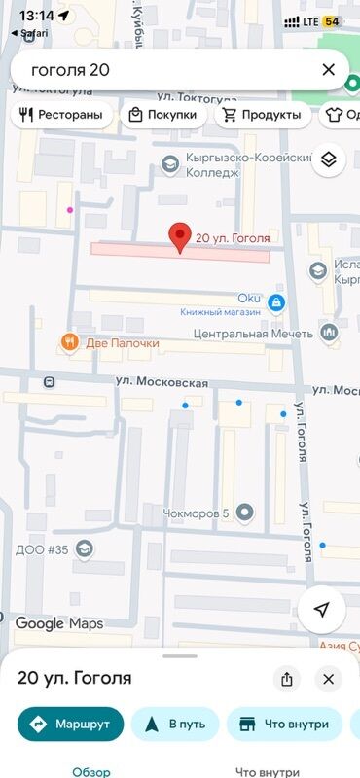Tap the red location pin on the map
179,236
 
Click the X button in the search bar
328,69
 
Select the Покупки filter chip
162,115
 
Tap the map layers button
329,160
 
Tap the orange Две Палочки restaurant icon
68,341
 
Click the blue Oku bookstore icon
276,303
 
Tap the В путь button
175,724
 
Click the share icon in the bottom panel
286,679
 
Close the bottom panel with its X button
329,679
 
